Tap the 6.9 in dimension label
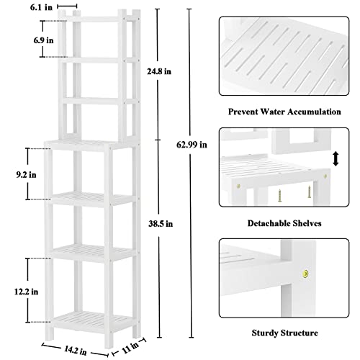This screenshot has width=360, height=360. pyautogui.click(x=44, y=41)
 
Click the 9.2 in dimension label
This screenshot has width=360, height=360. pyautogui.click(x=14, y=174)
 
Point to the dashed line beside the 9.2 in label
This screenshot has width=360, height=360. pyautogui.click(x=29, y=174)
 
